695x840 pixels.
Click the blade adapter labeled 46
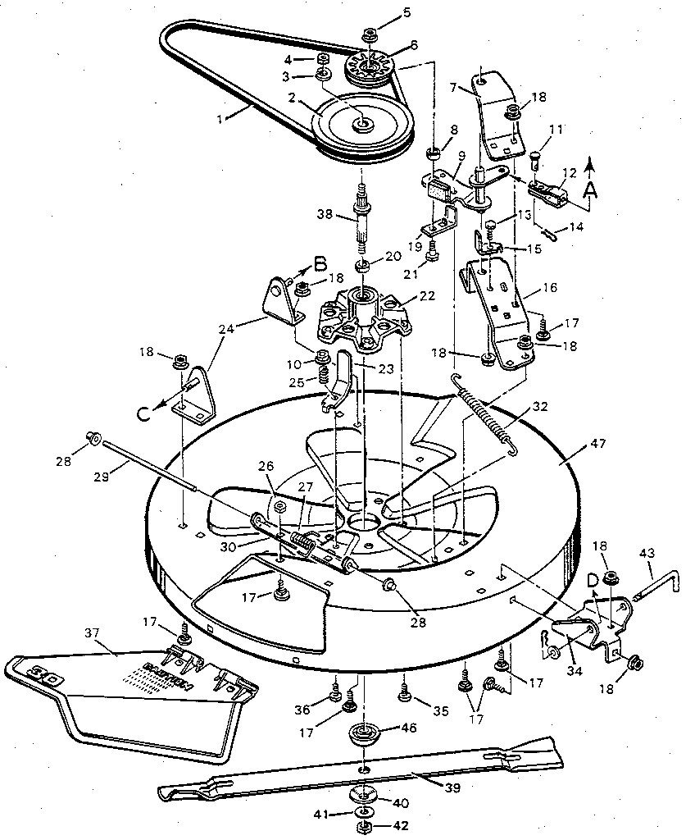tap(361, 733)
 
